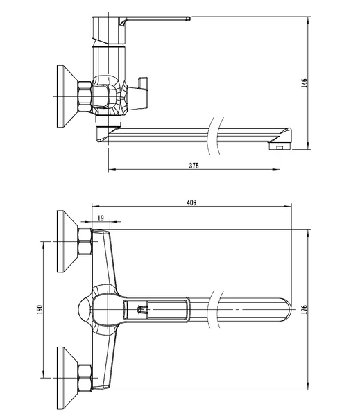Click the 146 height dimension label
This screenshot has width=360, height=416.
(305, 83)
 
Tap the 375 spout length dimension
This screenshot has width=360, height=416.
(194, 166)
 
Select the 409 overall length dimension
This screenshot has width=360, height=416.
(191, 202)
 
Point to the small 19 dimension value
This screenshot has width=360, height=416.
(101, 218)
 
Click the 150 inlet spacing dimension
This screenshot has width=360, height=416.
(40, 310)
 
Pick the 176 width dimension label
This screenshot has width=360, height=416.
(305, 310)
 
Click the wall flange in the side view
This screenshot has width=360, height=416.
(67, 96)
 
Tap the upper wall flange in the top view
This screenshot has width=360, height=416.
(67, 241)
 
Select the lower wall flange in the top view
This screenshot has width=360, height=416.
(67, 378)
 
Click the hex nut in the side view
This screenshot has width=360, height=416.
(85, 96)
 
